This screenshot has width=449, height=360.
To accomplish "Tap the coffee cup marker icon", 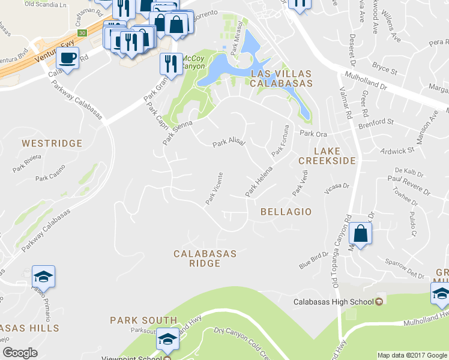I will (67, 59).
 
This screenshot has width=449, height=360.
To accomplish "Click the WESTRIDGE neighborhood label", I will (52, 143).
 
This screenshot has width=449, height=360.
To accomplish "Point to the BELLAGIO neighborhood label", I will (286, 212).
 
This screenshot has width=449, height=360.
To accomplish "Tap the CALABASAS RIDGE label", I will (205, 259).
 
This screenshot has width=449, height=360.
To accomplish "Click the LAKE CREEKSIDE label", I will (327, 155).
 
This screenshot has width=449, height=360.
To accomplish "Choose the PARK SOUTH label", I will (143, 320).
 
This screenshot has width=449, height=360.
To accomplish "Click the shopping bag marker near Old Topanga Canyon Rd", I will (360, 232).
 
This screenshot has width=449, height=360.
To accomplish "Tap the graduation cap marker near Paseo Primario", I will (43, 277).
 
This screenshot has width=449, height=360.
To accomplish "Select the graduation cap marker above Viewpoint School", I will (167, 339).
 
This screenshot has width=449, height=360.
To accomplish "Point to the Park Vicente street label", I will (214, 190).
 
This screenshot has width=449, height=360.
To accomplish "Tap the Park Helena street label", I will (259, 182).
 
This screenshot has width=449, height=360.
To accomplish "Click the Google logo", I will (20, 353).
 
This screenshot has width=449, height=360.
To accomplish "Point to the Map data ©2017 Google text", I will (412, 355).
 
